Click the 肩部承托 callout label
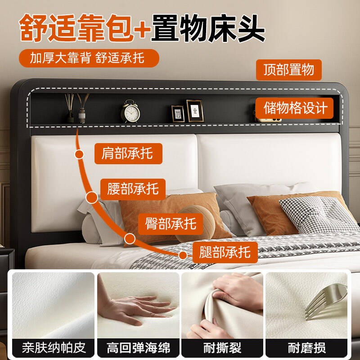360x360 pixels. (127, 154)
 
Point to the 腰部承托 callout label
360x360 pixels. (132, 188)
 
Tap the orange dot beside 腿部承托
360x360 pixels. (182, 255)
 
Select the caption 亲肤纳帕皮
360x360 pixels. (54, 348)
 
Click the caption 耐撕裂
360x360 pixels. (222, 348)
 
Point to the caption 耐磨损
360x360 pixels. (306, 348)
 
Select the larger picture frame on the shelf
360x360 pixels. (194, 110)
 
